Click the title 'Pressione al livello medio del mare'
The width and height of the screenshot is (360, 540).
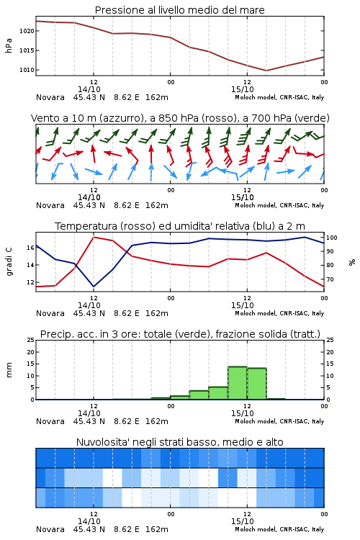(x=179, y=10)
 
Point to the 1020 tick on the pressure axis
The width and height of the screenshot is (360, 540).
(x=27, y=31)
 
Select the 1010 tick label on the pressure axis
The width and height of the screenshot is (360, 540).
(x=27, y=70)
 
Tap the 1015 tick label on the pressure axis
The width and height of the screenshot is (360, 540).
(x=27, y=50)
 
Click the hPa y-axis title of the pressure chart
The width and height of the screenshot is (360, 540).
(x=9, y=45)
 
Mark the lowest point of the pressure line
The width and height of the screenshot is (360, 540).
(x=266, y=71)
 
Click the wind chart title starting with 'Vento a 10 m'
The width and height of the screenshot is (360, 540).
(x=180, y=118)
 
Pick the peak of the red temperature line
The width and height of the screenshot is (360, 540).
(x=94, y=237)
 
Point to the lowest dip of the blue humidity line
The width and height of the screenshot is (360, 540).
(x=94, y=287)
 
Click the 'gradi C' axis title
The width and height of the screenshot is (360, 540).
(x=9, y=262)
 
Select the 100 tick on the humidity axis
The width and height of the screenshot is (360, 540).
(x=332, y=238)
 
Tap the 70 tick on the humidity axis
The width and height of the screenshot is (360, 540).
(x=330, y=279)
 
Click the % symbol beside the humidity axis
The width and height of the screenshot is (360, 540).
(x=352, y=262)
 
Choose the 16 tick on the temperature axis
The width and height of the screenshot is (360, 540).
(x=30, y=248)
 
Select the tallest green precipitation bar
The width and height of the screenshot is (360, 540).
(x=238, y=383)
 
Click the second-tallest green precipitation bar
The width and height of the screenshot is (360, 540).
(x=256, y=384)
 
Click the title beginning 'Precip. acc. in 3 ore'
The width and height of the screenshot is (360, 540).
(x=180, y=334)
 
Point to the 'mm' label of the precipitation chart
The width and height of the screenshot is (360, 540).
(x=9, y=370)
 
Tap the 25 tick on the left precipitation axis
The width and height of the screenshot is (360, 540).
(x=30, y=340)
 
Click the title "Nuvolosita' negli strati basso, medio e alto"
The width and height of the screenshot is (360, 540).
(x=179, y=442)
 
